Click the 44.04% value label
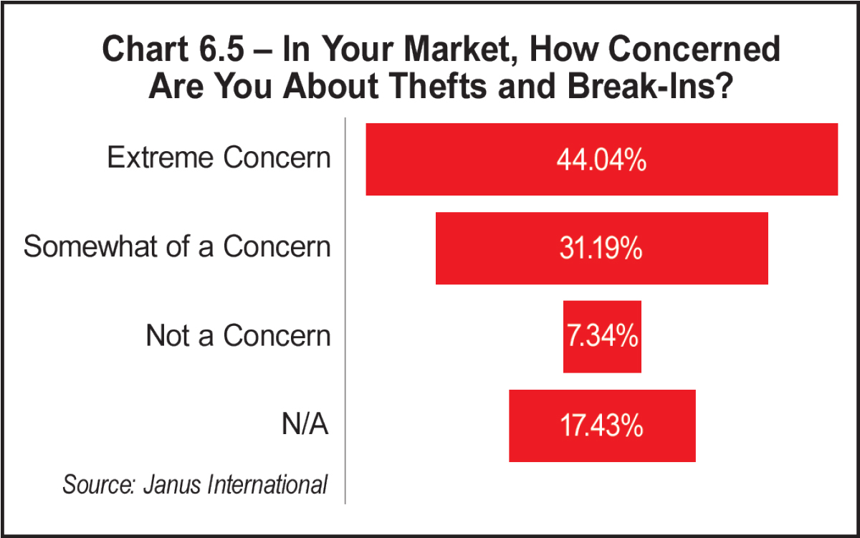601,160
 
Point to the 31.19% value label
601,249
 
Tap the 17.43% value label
601,426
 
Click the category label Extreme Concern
219,158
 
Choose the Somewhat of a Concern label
177,246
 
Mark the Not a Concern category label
238,335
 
